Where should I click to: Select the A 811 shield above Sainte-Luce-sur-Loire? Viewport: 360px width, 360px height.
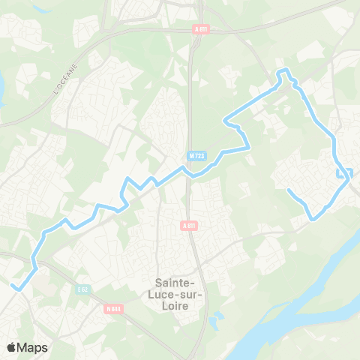[189, 224]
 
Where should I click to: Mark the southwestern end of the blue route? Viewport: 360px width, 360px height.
[13, 285]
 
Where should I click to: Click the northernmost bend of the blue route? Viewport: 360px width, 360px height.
[284, 71]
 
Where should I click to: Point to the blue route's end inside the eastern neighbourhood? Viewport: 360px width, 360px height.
[289, 190]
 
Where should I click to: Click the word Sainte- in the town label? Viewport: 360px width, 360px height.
[175, 282]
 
